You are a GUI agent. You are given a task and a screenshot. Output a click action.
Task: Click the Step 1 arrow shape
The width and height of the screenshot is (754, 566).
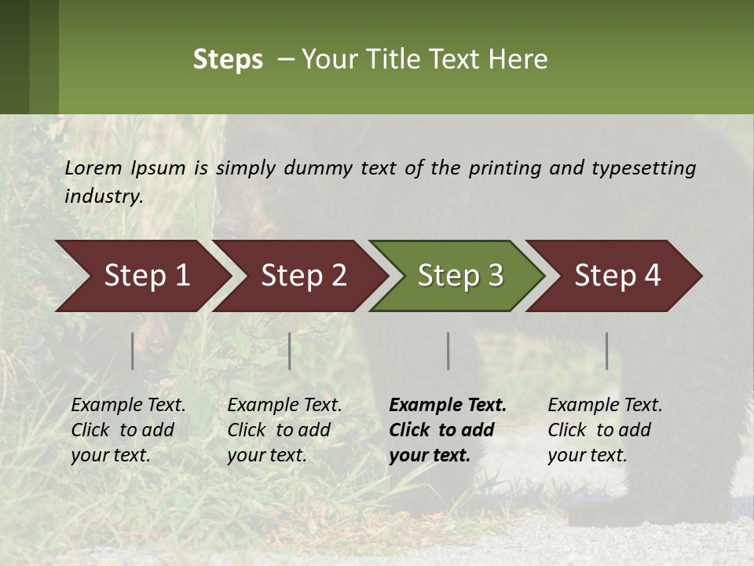tap(141, 276)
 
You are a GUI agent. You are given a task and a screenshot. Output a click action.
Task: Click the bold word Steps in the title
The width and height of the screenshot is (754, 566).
tap(228, 60)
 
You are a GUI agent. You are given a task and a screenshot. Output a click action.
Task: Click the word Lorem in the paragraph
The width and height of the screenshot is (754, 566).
tap(93, 168)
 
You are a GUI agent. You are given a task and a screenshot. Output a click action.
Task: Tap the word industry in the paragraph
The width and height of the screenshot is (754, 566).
tap(104, 197)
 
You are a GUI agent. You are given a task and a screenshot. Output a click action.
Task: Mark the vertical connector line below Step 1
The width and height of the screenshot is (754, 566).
tap(133, 351)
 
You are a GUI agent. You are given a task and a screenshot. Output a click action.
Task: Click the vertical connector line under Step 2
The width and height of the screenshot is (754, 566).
tap(290, 351)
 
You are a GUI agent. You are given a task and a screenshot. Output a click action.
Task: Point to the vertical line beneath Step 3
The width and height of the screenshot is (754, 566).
tap(448, 351)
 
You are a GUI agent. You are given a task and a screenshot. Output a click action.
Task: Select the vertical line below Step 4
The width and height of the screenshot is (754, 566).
tap(607, 351)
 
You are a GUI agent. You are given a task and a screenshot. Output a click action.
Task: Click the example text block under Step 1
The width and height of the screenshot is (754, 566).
tap(128, 430)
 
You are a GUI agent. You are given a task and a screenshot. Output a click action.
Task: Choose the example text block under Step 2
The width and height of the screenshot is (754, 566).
tap(284, 430)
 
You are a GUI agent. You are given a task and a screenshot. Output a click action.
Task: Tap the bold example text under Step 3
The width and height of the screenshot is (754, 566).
tap(447, 430)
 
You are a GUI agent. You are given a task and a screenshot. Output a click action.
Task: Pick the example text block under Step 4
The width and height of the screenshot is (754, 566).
tap(605, 430)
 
